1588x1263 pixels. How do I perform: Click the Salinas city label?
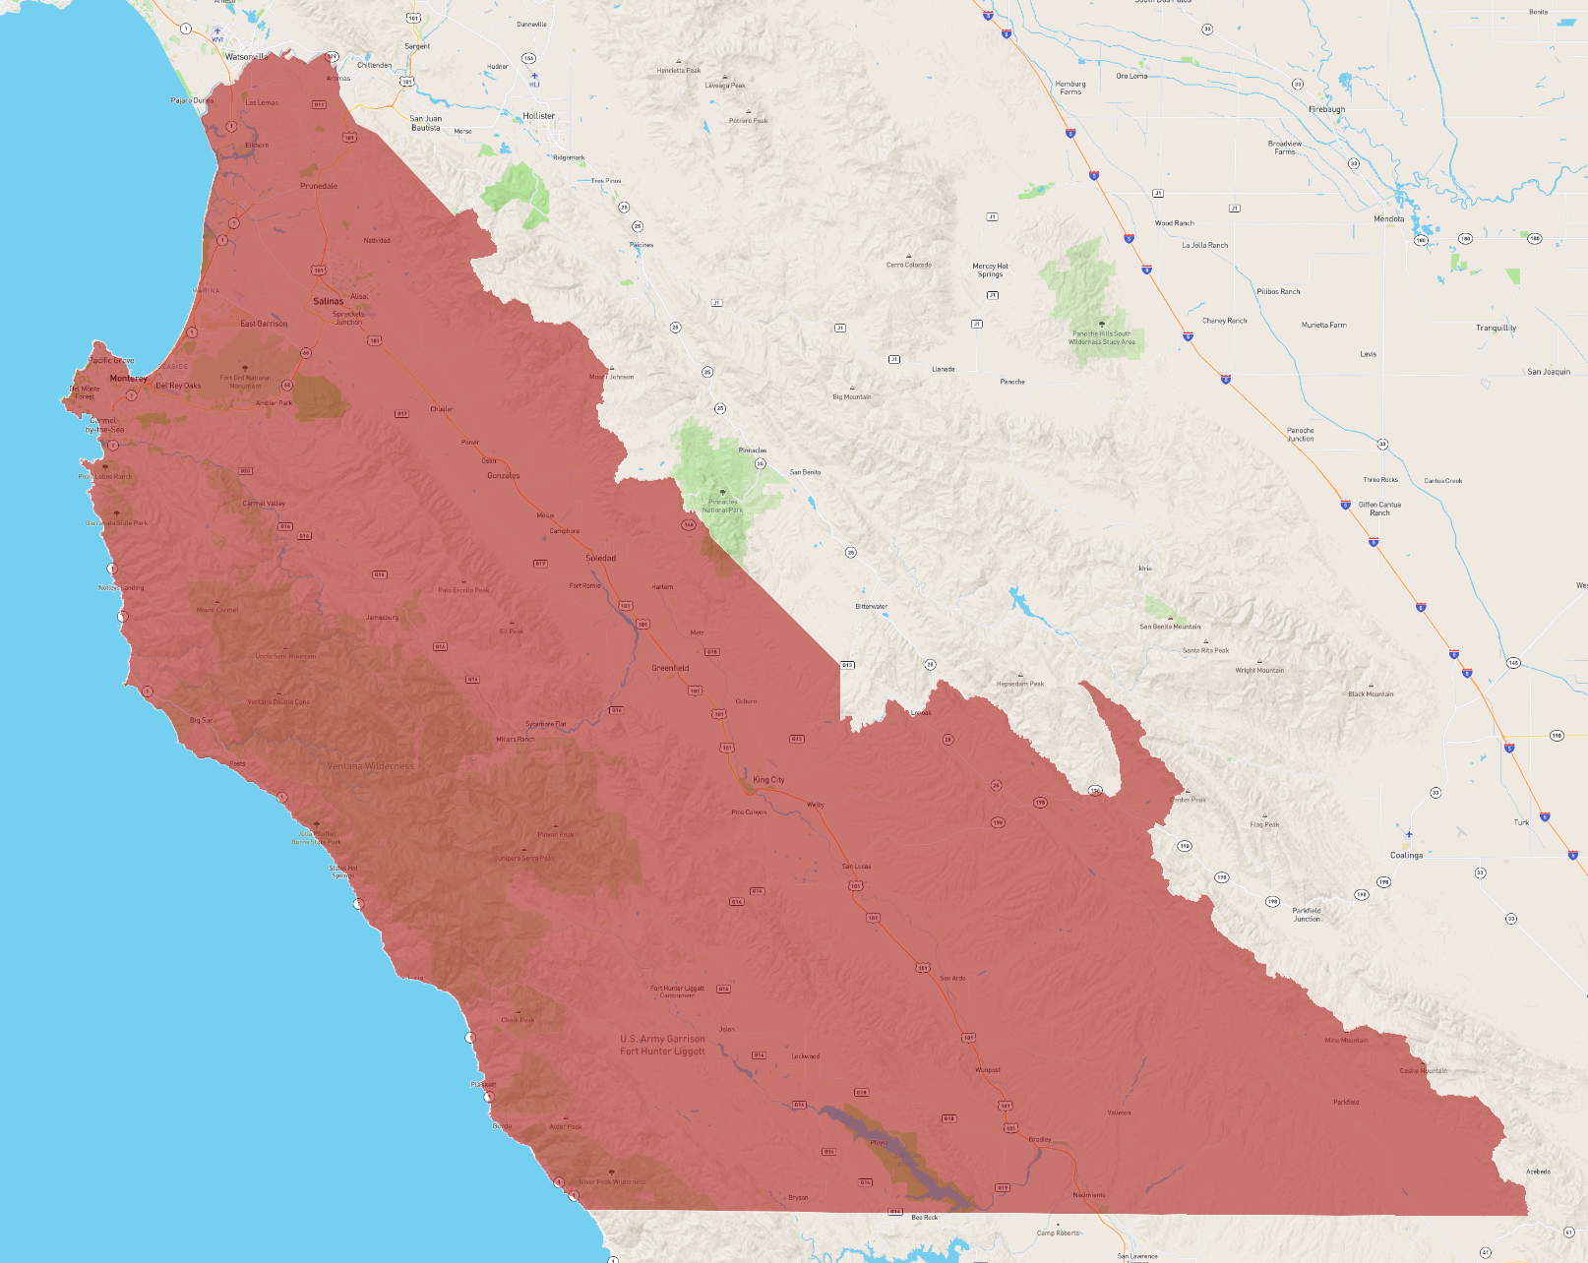(x=329, y=301)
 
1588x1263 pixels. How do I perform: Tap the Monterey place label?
(x=129, y=378)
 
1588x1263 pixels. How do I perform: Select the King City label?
(x=768, y=780)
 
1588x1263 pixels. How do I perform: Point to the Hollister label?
(x=539, y=116)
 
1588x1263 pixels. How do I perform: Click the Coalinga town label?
(x=1406, y=855)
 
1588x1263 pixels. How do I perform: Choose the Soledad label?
(x=601, y=558)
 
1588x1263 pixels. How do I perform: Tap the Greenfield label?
(x=670, y=668)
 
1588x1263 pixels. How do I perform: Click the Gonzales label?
(x=504, y=475)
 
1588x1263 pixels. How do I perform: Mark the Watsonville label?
(x=246, y=57)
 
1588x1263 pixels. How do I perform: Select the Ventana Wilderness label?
(x=371, y=766)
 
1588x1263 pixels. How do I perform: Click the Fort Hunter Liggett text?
(x=662, y=1045)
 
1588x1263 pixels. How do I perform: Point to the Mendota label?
(x=1389, y=218)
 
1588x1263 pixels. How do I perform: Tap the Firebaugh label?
(x=1326, y=109)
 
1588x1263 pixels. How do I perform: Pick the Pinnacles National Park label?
(x=722, y=506)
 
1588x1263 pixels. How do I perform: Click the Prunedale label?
(x=319, y=186)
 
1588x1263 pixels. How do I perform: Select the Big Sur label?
(x=201, y=720)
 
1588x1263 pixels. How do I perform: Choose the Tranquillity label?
(x=1496, y=328)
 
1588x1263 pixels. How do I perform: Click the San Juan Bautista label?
(x=426, y=123)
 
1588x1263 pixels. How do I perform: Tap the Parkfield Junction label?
(x=1307, y=915)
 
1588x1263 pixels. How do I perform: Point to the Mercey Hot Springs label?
(x=990, y=270)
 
